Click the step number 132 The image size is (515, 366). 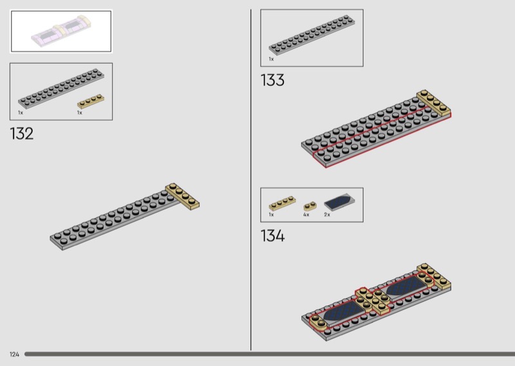(x=22, y=134)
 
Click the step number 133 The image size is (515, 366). (x=272, y=81)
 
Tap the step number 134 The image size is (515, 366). (x=272, y=236)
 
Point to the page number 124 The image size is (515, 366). (x=14, y=354)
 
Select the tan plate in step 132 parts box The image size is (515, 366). (x=91, y=101)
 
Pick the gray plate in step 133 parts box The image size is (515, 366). (x=312, y=34)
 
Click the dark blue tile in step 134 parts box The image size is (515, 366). (x=339, y=201)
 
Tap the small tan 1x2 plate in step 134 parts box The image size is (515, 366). (x=310, y=206)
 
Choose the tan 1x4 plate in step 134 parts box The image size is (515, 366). (x=282, y=203)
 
